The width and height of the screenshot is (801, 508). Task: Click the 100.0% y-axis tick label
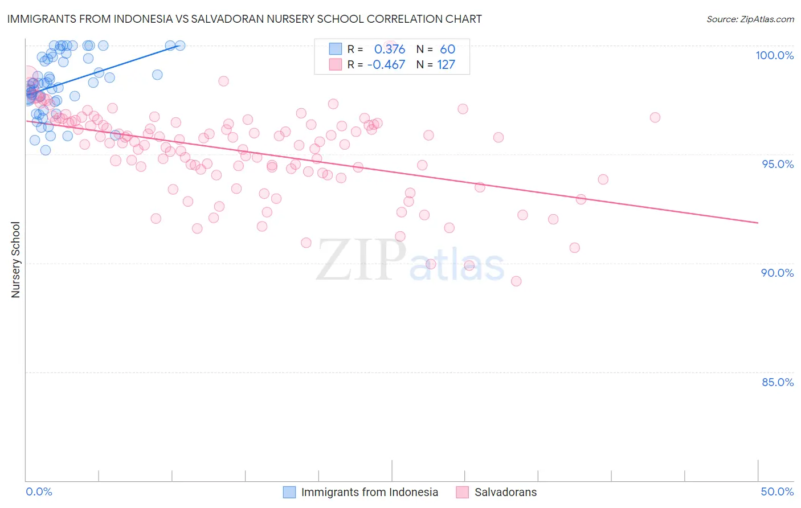click(774, 55)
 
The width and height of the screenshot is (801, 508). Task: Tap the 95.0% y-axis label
click(778, 164)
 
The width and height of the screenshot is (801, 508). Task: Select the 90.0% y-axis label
click(778, 273)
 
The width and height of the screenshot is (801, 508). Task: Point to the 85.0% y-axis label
click(778, 382)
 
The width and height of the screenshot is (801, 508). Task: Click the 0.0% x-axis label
click(39, 491)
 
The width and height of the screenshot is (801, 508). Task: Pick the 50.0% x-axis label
click(777, 491)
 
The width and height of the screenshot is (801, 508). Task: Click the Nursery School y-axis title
click(15, 259)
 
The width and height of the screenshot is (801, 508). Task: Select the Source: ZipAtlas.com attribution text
click(750, 19)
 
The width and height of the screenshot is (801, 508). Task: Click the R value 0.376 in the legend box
click(390, 49)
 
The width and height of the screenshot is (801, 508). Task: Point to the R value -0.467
click(386, 64)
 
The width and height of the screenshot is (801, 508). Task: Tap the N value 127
click(446, 64)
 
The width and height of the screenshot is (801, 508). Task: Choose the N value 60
click(447, 49)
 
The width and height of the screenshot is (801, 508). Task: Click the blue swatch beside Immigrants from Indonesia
click(289, 492)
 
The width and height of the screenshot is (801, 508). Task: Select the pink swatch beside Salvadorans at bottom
click(463, 492)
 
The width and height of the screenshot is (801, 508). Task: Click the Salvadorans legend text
click(505, 492)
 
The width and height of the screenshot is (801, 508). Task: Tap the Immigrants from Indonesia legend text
click(369, 492)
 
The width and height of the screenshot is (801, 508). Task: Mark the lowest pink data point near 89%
click(516, 281)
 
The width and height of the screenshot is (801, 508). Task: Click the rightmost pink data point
click(655, 117)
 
